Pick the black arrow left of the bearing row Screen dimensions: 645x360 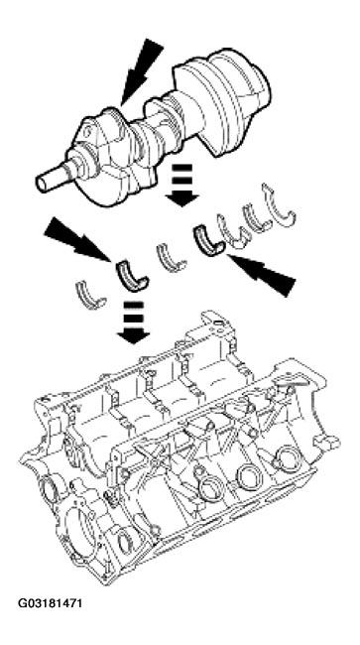pos(73,243)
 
